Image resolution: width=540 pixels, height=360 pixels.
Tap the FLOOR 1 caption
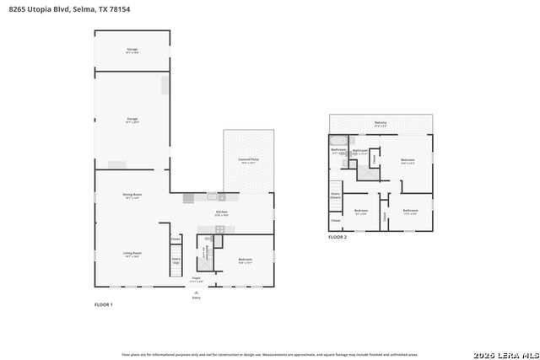click(103, 304)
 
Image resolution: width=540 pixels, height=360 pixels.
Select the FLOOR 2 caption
click(337, 238)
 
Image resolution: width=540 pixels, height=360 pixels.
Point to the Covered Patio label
click(249, 160)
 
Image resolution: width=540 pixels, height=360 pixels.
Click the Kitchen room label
click(222, 213)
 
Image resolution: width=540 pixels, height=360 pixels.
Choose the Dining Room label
click(132, 196)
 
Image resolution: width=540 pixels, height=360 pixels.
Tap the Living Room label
click(132, 255)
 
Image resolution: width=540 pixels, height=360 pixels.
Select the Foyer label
click(196, 278)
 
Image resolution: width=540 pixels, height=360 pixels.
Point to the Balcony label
click(381, 123)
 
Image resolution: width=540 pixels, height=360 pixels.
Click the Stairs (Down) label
click(336, 195)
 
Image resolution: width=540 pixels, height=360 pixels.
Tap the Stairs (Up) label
click(176, 261)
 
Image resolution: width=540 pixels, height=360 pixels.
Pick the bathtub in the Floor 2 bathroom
click(337, 140)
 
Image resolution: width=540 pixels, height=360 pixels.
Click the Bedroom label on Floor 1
click(246, 260)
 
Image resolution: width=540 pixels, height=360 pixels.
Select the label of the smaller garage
click(132, 51)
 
